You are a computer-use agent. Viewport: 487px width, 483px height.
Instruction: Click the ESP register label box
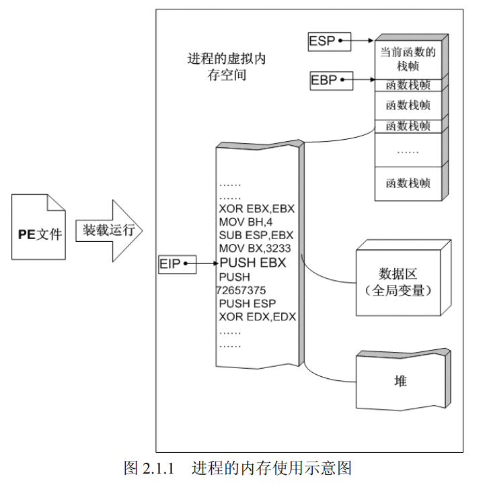pos(322,41)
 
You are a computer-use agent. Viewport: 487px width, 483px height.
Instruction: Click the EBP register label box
pos(324,81)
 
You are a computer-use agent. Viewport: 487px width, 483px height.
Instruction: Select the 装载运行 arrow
pos(112,230)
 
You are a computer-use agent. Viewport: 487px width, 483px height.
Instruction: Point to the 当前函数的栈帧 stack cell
pos(408,59)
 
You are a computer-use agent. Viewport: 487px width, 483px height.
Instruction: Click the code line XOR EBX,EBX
pos(257,209)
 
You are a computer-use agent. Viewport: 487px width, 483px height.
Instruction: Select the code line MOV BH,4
pos(246,222)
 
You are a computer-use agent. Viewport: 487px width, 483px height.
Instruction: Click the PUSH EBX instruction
pos(253,263)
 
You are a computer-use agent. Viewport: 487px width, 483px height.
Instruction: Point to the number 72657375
pos(241,290)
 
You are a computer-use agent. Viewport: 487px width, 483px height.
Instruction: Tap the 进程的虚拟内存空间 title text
pos(226,67)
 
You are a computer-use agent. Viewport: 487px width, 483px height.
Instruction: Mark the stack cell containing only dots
pos(408,150)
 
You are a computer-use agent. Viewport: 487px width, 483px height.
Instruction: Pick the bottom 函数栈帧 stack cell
pos(408,183)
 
